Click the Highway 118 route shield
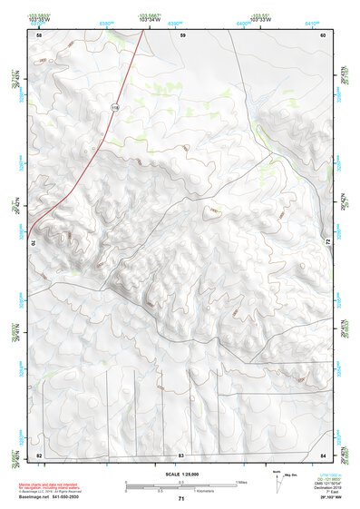pos(114,107)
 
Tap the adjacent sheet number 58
pos(39,34)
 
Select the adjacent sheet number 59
pos(182,34)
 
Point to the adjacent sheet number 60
pos(323,34)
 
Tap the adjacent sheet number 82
pos(39,454)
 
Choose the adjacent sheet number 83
pos(181,454)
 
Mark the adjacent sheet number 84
pos(323,454)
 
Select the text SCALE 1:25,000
pos(180,474)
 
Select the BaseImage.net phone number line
pos(53,496)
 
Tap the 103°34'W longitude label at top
pos(151,18)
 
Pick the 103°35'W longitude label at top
pos(39,18)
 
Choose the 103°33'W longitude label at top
pos(261,18)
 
